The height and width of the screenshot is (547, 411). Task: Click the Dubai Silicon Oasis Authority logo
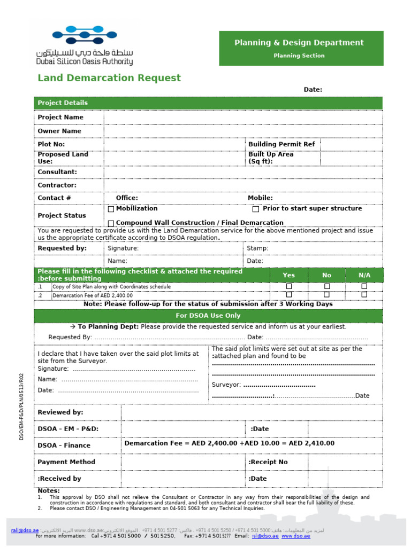tap(85, 45)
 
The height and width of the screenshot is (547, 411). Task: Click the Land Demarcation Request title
tap(109, 78)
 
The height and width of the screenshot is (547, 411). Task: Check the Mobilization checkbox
tap(111, 209)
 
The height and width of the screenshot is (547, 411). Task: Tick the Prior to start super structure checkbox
tap(256, 209)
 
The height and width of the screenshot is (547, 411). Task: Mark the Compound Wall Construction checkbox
tap(111, 223)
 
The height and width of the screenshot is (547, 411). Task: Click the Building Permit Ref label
tap(281, 144)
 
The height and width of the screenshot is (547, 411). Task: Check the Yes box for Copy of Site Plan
tap(289, 287)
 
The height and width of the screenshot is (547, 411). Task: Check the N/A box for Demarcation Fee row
tap(364, 294)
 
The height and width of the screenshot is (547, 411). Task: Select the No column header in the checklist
tap(326, 275)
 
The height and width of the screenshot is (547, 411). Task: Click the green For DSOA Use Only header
tap(208, 316)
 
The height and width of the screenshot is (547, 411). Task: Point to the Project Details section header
tap(63, 103)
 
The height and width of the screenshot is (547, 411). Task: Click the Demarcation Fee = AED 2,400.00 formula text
tap(229, 443)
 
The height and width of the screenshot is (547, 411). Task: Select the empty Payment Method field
tap(183, 462)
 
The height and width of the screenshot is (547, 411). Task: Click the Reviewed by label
tap(60, 412)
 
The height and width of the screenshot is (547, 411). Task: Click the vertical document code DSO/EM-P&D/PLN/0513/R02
tap(22, 406)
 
